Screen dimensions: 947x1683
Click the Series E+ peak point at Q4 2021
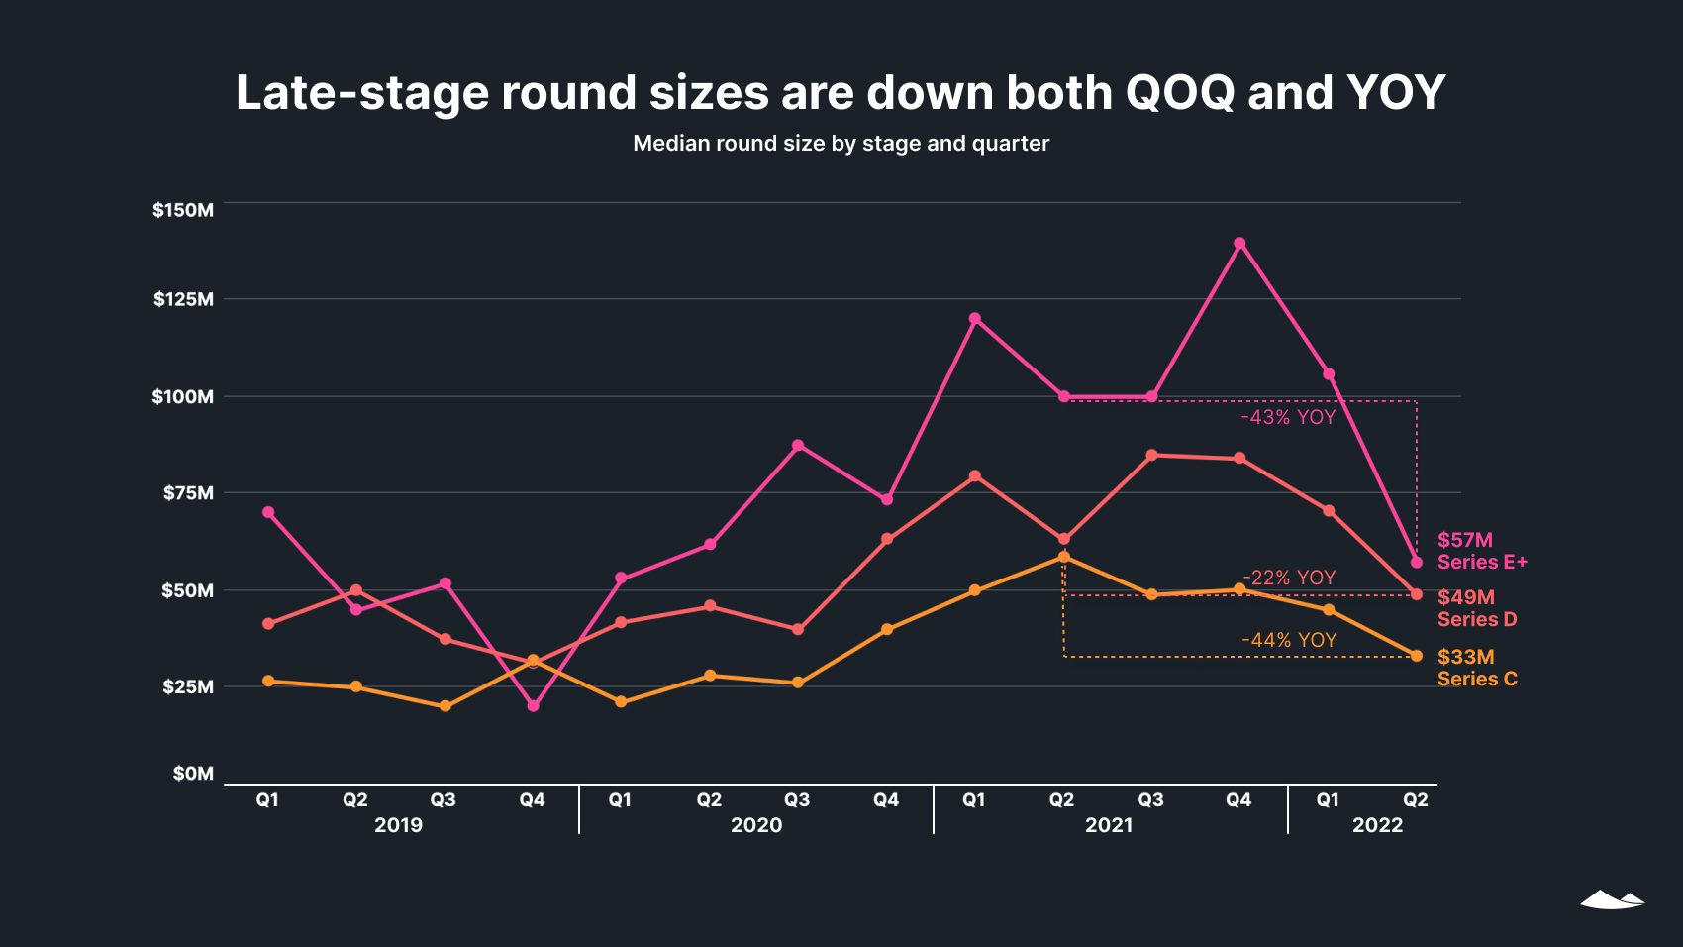[x=1239, y=244]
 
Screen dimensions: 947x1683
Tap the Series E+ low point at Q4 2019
[x=533, y=706]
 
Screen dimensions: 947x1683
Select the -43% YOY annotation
[x=1288, y=417]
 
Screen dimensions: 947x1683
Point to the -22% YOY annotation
[x=1289, y=578]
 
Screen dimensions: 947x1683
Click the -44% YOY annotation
[x=1289, y=640]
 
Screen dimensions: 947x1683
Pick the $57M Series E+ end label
[x=1481, y=551]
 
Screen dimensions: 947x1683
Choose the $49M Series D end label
[x=1476, y=608]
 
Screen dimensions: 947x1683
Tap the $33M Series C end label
[x=1476, y=668]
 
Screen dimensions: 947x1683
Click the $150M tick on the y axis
[x=183, y=210]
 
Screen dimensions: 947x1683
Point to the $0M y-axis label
[x=193, y=774]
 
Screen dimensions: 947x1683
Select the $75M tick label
[x=188, y=493]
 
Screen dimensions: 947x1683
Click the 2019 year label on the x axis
[x=398, y=825]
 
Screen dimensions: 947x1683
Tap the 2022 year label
[x=1377, y=825]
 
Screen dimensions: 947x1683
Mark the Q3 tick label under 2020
[x=797, y=800]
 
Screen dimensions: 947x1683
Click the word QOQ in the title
[x=1180, y=93]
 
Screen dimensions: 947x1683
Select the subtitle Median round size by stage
[x=841, y=144]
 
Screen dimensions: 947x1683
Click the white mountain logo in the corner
[x=1612, y=899]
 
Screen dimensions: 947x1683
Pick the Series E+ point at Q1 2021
[x=975, y=319]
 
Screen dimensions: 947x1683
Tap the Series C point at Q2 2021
[x=1063, y=557]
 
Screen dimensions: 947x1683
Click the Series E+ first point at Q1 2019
[x=268, y=512]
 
